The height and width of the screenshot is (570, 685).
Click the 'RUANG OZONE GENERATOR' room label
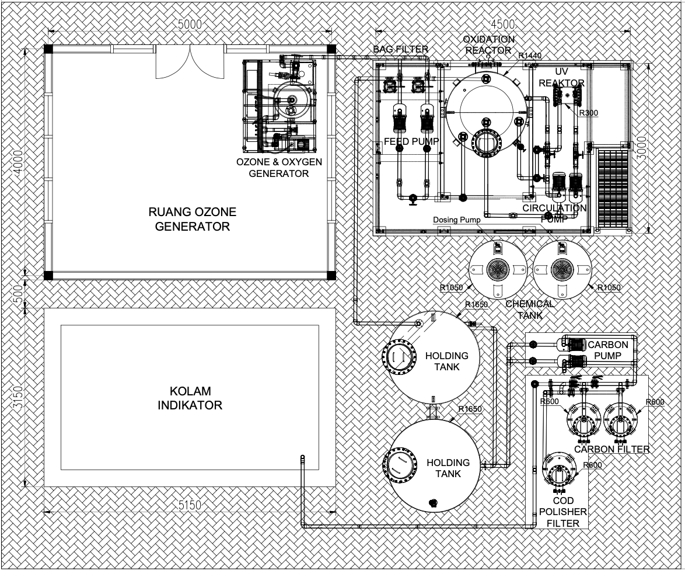pos(192,219)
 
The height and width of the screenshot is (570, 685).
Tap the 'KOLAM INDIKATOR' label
pos(190,398)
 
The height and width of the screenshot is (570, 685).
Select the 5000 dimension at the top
pos(190,25)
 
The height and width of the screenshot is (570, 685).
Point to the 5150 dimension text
pos(190,505)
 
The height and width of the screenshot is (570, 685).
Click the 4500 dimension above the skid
pos(503,24)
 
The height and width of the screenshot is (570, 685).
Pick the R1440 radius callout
pos(530,55)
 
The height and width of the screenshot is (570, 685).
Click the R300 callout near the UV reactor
pos(589,113)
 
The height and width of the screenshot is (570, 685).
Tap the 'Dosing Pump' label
pos(456,220)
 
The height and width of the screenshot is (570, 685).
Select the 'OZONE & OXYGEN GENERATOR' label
pos(279,168)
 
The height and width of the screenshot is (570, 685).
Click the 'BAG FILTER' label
pos(401,49)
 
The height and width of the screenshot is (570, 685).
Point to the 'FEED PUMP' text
pos(411,141)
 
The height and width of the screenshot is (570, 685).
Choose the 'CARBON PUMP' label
pos(607,350)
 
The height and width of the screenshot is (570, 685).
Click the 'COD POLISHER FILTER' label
pos(563,512)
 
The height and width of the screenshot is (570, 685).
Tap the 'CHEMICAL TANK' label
pos(530,309)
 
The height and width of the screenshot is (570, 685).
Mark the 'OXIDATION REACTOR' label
pos(488,44)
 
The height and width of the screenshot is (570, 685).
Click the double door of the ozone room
pos(190,61)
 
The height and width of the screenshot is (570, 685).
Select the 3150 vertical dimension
pos(18,397)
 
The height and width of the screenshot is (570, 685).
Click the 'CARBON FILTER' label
pos(611,449)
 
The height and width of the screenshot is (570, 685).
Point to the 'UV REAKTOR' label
pos(561,77)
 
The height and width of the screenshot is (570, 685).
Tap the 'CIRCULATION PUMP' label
pos(554,213)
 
